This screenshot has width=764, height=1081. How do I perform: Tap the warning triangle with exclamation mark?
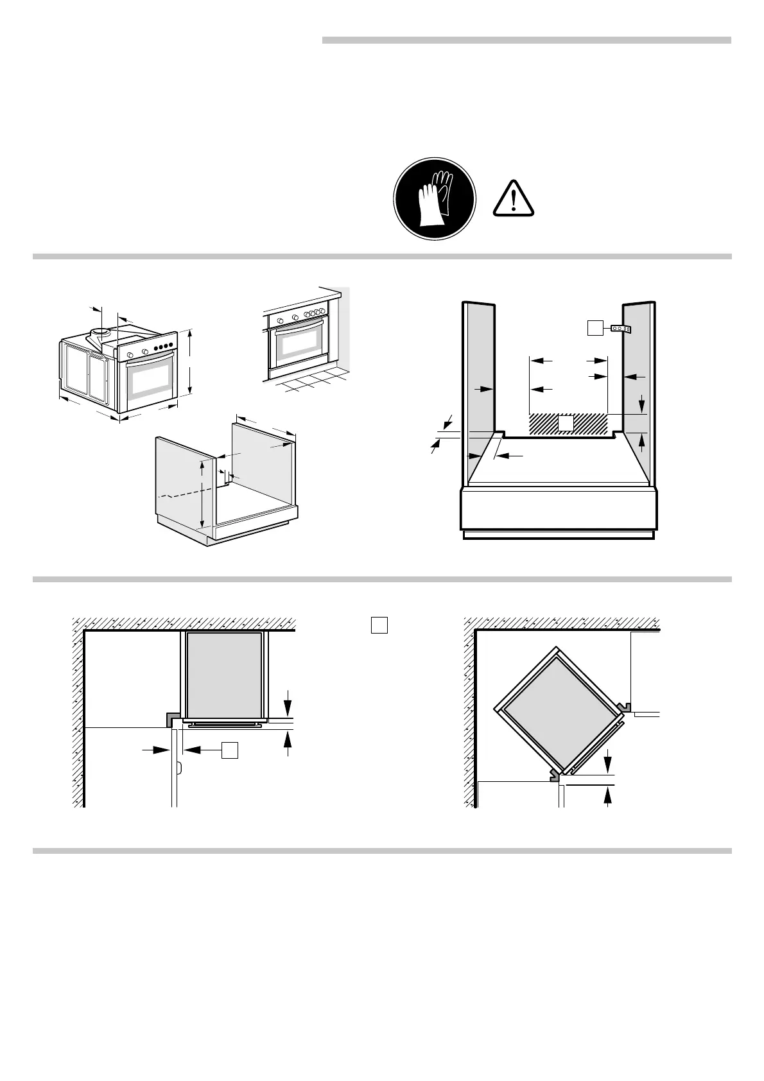[x=514, y=198]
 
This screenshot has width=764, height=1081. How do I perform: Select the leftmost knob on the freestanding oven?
[x=130, y=355]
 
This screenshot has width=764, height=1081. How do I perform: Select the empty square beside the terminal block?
[x=595, y=328]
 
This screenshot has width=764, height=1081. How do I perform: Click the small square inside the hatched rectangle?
[x=565, y=423]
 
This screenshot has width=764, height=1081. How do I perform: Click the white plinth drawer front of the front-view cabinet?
[x=559, y=508]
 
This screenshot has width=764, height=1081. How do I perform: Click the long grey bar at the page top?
[x=526, y=40]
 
